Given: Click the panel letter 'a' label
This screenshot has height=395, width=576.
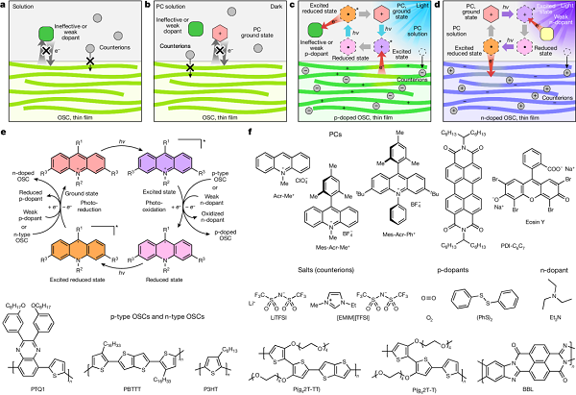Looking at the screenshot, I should point(5,6).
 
